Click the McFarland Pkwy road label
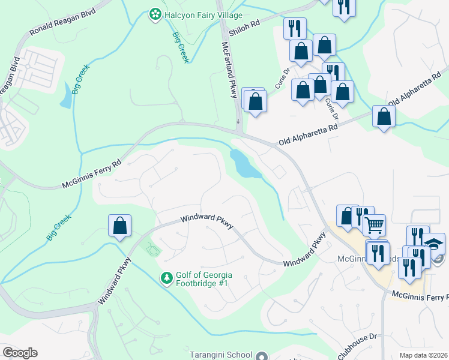230,70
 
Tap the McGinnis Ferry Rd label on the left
92,174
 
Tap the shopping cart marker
374,226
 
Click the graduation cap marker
434,244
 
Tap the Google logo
20,353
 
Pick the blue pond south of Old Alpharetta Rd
244,164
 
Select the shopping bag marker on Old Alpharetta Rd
384,117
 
